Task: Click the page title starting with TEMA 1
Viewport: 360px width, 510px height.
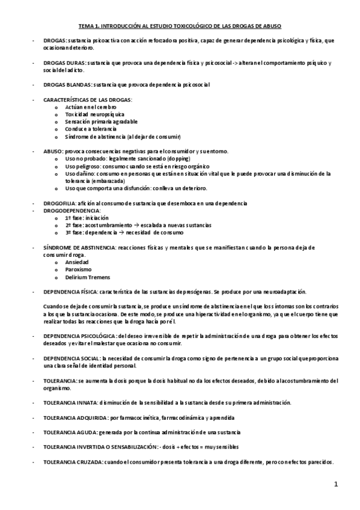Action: (x=180, y=26)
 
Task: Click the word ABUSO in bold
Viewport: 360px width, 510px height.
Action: (x=53, y=151)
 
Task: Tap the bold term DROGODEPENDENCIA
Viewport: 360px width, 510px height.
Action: (x=72, y=210)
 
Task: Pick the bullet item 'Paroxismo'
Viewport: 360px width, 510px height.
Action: (x=78, y=269)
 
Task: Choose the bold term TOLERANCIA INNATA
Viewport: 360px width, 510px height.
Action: (x=71, y=402)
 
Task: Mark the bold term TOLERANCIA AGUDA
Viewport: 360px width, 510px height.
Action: (x=70, y=432)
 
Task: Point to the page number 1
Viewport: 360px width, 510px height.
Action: (x=337, y=484)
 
